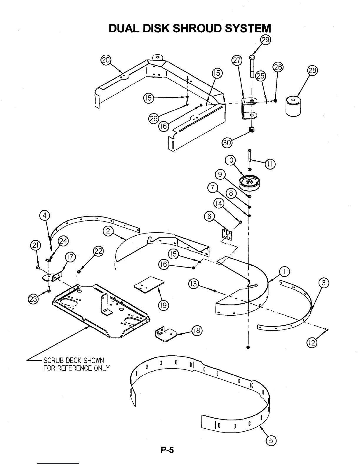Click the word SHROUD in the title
tap(198, 28)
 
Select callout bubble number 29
tap(266, 40)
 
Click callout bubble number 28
tap(312, 71)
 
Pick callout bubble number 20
tap(105, 60)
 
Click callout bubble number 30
tap(227, 143)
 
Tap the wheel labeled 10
tap(250, 183)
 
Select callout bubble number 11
tap(270, 164)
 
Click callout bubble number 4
tap(44, 216)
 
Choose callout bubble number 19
tap(163, 305)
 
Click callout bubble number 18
tap(196, 331)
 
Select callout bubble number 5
tap(271, 440)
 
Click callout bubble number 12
tap(312, 343)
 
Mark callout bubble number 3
tap(324, 283)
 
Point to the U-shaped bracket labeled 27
tap(248, 109)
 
